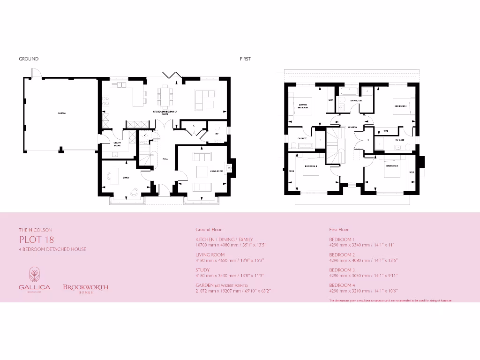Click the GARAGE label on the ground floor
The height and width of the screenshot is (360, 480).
coord(61,113)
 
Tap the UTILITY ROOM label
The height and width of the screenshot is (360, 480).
coord(117,144)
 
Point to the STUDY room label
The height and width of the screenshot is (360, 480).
coord(126,178)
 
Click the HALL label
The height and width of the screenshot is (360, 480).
coord(165,159)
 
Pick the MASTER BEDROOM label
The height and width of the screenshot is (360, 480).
coord(303,105)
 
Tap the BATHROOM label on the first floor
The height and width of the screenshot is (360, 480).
coord(356,101)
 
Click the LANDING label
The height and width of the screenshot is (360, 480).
coord(352,127)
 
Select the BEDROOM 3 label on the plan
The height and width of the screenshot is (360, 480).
coord(392,166)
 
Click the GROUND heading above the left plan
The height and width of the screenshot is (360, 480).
coord(29,59)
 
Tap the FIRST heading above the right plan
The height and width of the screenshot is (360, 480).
coord(245,59)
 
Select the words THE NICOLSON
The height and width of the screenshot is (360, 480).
coord(36,230)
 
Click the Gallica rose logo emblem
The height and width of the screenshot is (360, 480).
coord(35,274)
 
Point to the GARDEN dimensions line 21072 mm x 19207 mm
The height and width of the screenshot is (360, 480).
coord(233,291)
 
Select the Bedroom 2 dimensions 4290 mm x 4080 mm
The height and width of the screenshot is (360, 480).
coord(364,260)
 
